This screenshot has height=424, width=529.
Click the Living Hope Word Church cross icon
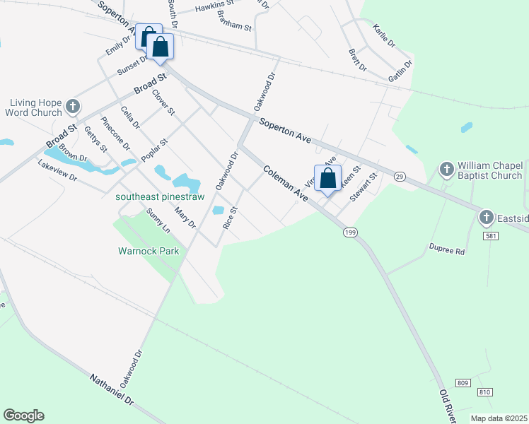[x=73, y=107]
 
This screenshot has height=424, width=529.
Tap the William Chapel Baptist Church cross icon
[x=446, y=170]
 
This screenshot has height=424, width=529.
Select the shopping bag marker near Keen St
[x=327, y=178]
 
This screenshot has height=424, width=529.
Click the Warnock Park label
[x=149, y=251]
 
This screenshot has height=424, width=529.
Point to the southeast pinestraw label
[x=160, y=196]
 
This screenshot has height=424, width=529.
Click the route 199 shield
[x=349, y=232]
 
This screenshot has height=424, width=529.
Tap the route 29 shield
[x=400, y=176]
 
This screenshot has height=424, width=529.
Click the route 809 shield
[x=463, y=383]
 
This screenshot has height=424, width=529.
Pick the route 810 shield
[x=484, y=391]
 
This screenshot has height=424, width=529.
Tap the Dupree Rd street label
[x=447, y=249]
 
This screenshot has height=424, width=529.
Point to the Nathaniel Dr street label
[x=112, y=389]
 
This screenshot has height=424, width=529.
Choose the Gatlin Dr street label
[x=400, y=73]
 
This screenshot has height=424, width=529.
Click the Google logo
[x=23, y=416]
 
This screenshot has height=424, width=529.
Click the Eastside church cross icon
[x=487, y=216]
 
